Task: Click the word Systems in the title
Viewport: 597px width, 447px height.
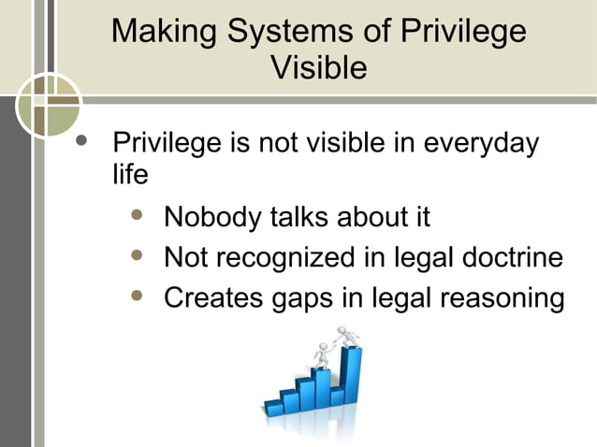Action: (x=282, y=33)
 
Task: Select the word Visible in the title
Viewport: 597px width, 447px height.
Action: (x=318, y=68)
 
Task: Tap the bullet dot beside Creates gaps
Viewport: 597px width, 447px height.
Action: (x=138, y=296)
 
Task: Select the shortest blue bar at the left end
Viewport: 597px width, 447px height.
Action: (x=273, y=407)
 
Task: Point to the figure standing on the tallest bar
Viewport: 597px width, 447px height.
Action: (x=348, y=335)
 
